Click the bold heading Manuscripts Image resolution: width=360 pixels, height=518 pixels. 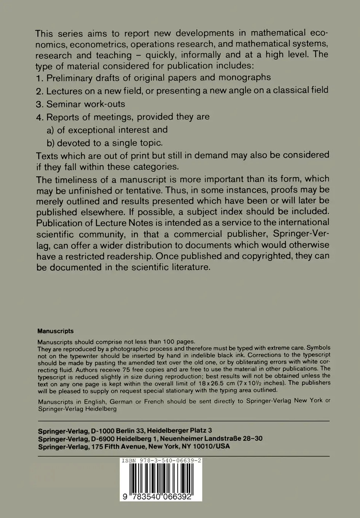click(56, 331)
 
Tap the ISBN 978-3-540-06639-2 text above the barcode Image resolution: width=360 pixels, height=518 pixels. click(161, 460)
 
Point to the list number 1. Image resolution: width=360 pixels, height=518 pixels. click(39, 79)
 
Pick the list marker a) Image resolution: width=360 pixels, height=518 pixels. click(51, 130)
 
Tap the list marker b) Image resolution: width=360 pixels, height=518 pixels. click(51, 143)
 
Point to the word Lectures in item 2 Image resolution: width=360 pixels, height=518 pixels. click(64, 91)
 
